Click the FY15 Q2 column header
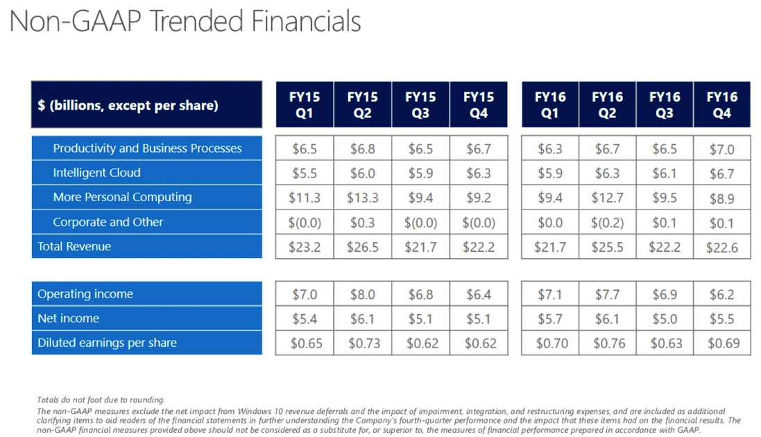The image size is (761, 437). pos(362,105)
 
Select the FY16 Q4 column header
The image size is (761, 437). pos(721,105)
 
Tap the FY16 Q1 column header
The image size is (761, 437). pos(549,105)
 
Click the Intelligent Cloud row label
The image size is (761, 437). pos(96,173)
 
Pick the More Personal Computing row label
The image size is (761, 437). pos(122,197)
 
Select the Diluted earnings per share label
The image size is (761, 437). pos(107,343)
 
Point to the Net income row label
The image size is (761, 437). pos(68,318)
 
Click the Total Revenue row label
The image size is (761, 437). pos(74,246)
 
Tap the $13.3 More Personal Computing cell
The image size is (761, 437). pos(362,198)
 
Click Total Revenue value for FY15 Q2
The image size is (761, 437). pos(362,247)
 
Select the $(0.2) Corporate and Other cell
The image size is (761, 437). pos(607,223)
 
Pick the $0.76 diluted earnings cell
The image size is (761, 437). pos(607,343)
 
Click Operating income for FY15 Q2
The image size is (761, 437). pos(362,295)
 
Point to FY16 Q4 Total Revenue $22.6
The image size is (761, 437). pos(721,248)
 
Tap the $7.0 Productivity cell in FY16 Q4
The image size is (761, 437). pos(721,149)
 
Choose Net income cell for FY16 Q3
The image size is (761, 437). pos(665,319)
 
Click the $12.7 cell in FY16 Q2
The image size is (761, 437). pos(607,198)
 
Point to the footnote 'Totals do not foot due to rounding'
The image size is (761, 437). pos(101,400)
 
